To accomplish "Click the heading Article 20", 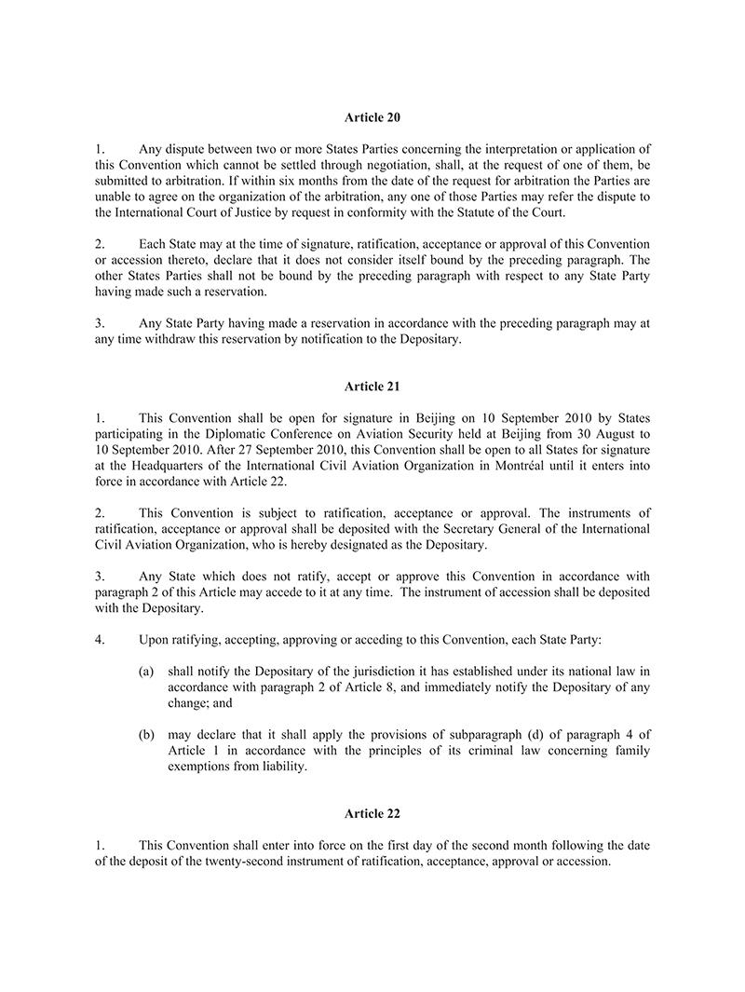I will tap(372, 118).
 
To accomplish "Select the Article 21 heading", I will tap(372, 386).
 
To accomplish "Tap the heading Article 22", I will tap(372, 813).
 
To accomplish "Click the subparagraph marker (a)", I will tap(146, 669).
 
